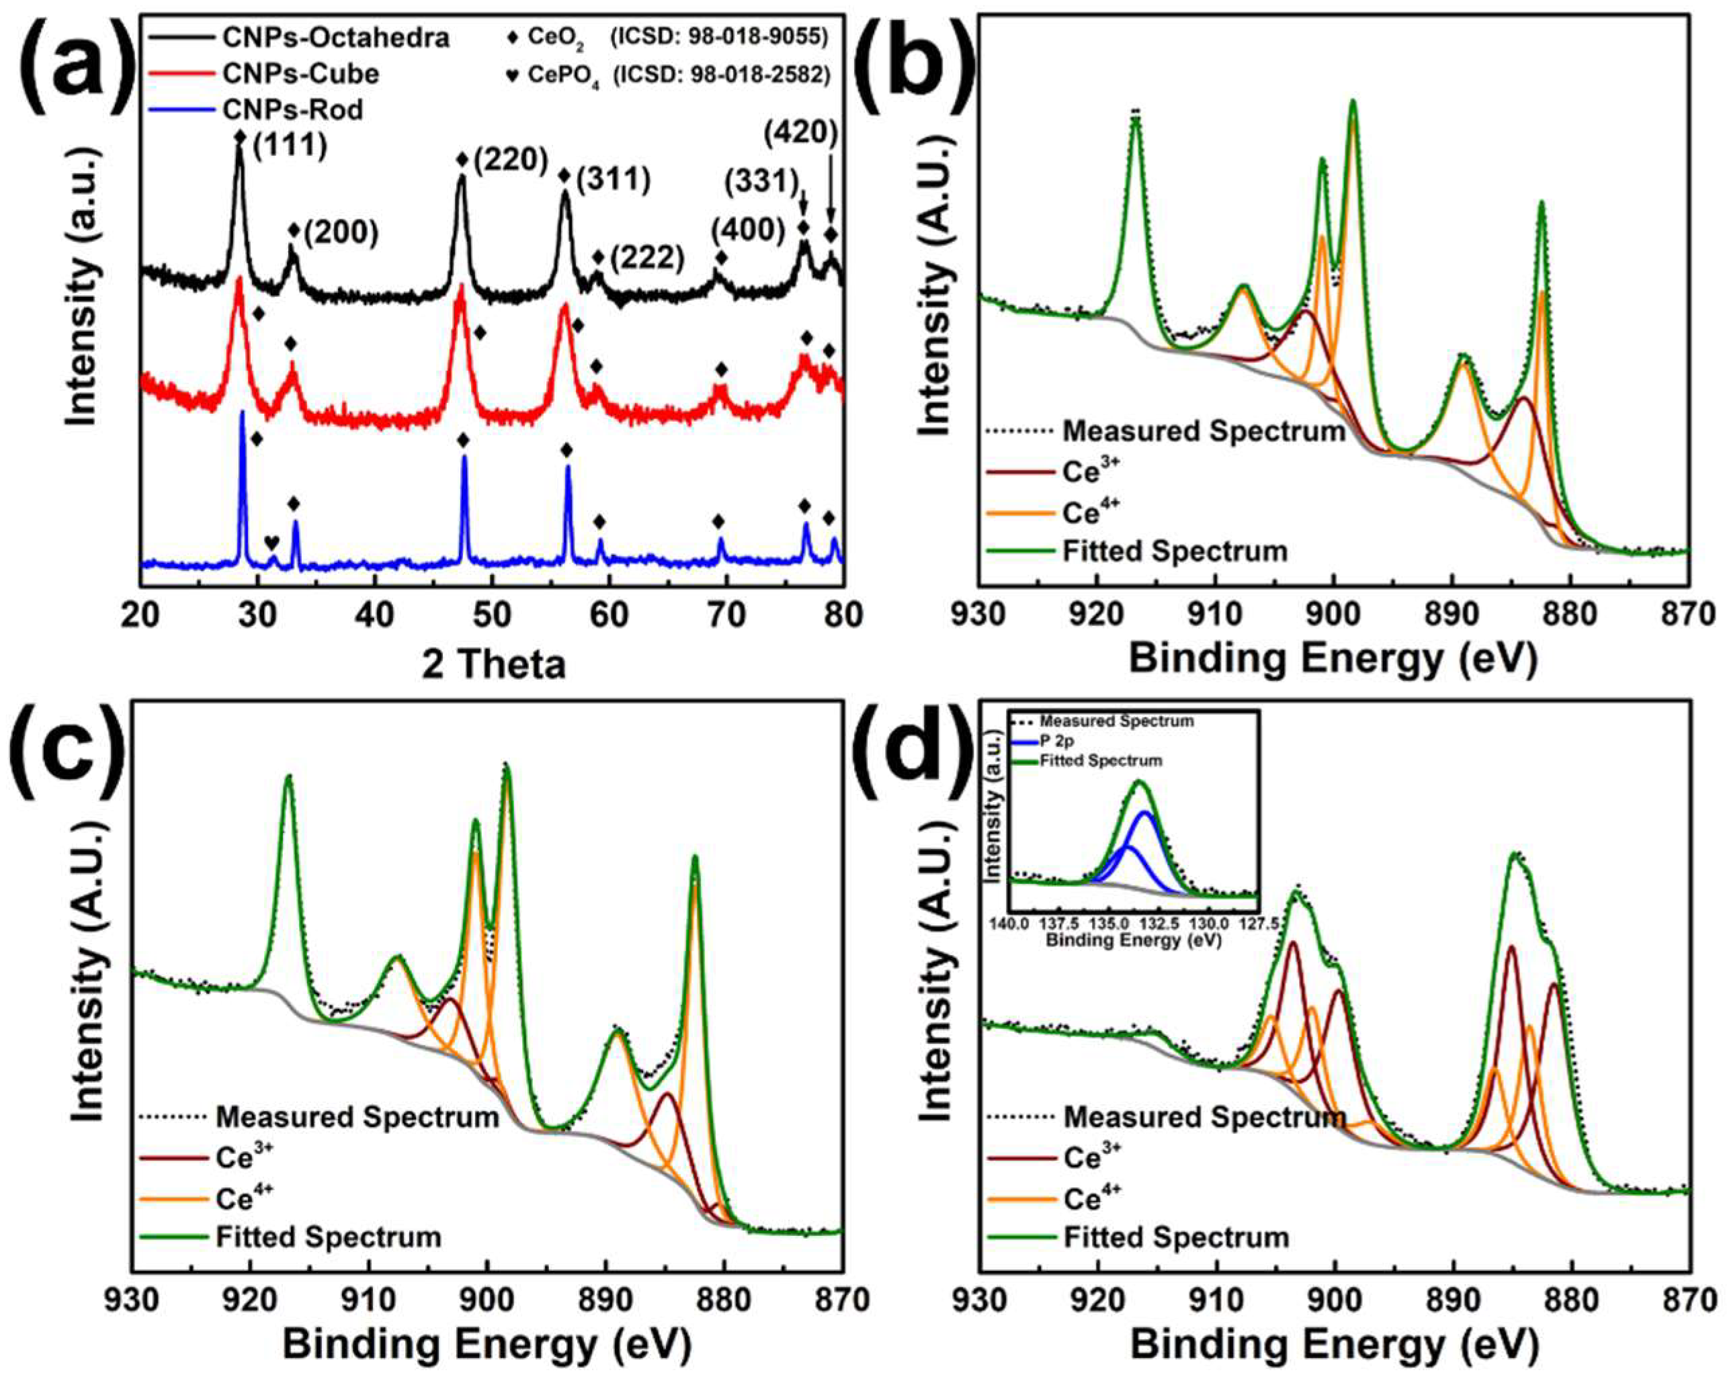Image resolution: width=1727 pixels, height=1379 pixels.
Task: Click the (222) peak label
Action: [x=647, y=259]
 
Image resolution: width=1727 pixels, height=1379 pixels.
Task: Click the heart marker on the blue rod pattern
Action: [x=273, y=542]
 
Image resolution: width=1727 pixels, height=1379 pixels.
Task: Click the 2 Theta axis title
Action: [x=493, y=664]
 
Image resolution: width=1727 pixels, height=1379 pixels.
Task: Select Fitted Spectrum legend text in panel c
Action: [x=329, y=1237]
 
